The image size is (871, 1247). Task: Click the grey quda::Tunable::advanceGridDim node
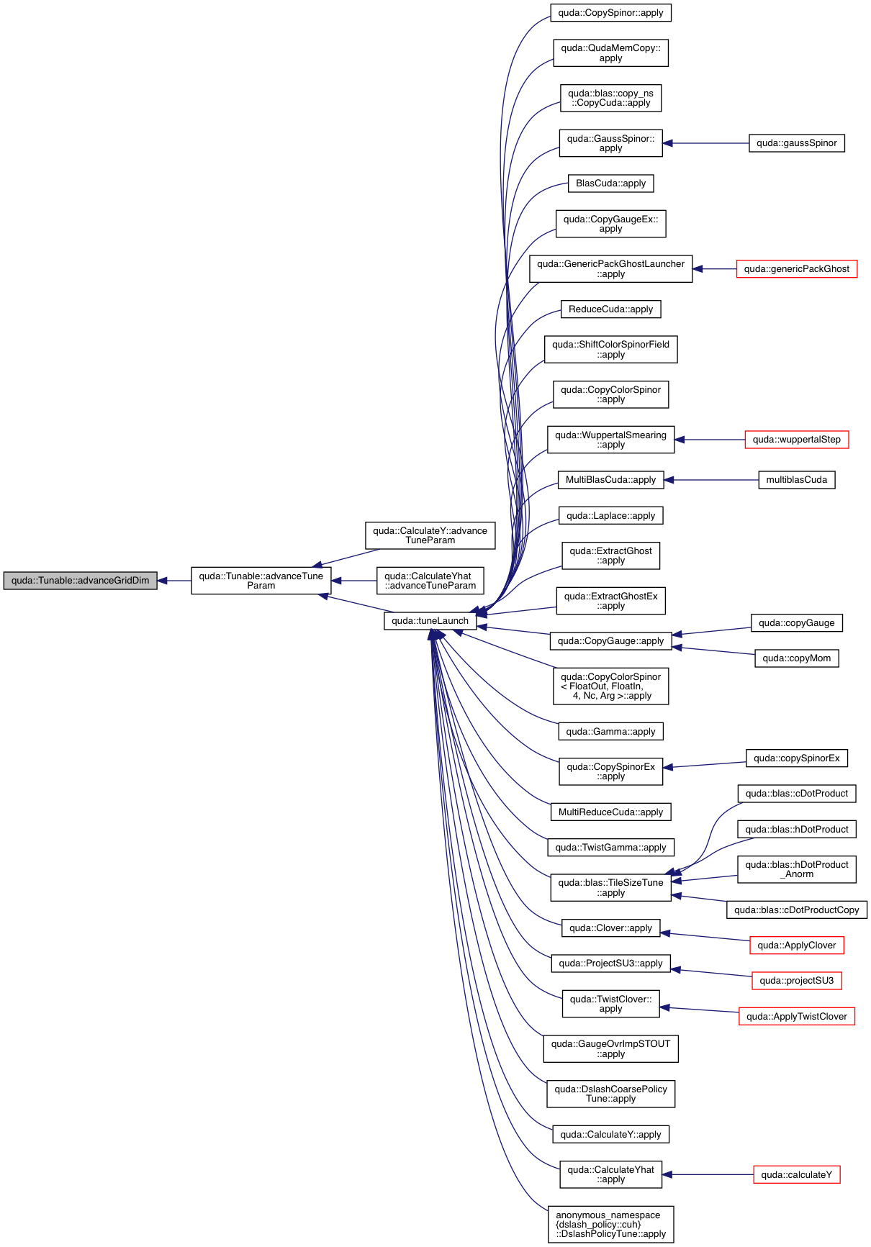80,581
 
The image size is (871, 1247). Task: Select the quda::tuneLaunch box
430,621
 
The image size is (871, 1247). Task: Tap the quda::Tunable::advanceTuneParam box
261,581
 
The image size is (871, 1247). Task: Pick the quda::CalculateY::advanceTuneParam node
430,535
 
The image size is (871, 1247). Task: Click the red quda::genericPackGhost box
796,269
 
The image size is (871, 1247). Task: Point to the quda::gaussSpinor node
796,143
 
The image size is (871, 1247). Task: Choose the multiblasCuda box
796,480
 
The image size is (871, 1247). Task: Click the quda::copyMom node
796,658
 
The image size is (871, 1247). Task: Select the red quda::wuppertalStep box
796,440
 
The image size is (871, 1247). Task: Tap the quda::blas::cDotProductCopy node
796,910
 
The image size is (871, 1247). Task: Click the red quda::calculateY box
796,1175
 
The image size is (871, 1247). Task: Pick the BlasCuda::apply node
610,183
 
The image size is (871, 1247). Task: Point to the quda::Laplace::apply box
610,516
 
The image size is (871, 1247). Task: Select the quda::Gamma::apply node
610,732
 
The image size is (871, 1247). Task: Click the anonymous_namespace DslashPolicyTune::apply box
610,1225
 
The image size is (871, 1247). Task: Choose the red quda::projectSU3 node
796,981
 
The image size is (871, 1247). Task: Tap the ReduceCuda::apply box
610,309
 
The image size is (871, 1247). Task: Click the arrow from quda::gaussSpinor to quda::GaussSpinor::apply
705,143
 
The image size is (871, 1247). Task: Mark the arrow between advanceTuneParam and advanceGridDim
173,581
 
